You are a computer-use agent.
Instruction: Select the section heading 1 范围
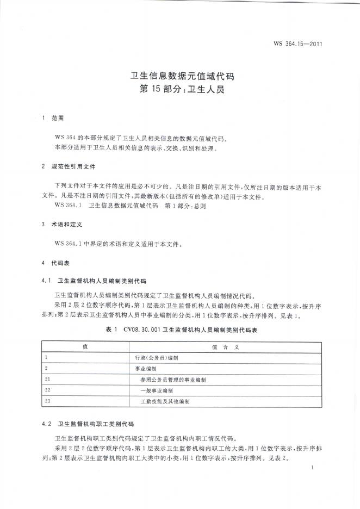(53, 117)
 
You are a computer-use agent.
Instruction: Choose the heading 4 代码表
(57, 263)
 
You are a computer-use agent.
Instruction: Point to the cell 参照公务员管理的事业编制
(172, 379)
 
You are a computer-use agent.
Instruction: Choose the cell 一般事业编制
(156, 390)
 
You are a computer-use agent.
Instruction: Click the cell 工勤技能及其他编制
(165, 401)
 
